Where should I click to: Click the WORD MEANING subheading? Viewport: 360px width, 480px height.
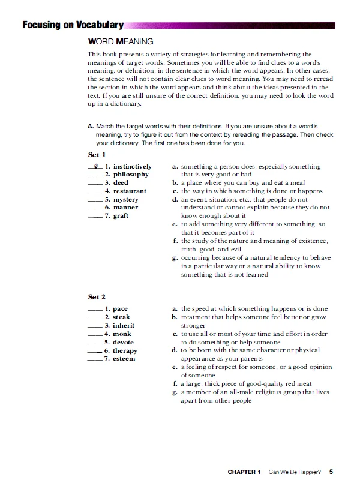[121, 41]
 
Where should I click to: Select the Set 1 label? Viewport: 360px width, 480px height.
[97, 154]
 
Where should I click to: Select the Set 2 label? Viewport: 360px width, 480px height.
[97, 297]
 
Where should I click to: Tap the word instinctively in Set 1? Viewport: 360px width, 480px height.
[132, 166]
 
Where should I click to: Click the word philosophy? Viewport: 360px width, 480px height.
[131, 175]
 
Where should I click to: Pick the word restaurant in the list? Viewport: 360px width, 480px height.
[130, 191]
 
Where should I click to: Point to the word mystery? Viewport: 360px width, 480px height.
[125, 199]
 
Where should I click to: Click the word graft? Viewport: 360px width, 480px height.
[121, 216]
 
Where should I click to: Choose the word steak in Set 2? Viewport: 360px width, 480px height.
[121, 317]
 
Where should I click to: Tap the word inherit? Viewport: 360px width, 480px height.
[124, 326]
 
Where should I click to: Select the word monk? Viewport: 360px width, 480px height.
[122, 334]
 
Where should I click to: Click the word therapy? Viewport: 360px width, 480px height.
[125, 350]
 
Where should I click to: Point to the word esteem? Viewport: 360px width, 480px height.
[124, 359]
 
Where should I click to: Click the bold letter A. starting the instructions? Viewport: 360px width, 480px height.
[91, 127]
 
